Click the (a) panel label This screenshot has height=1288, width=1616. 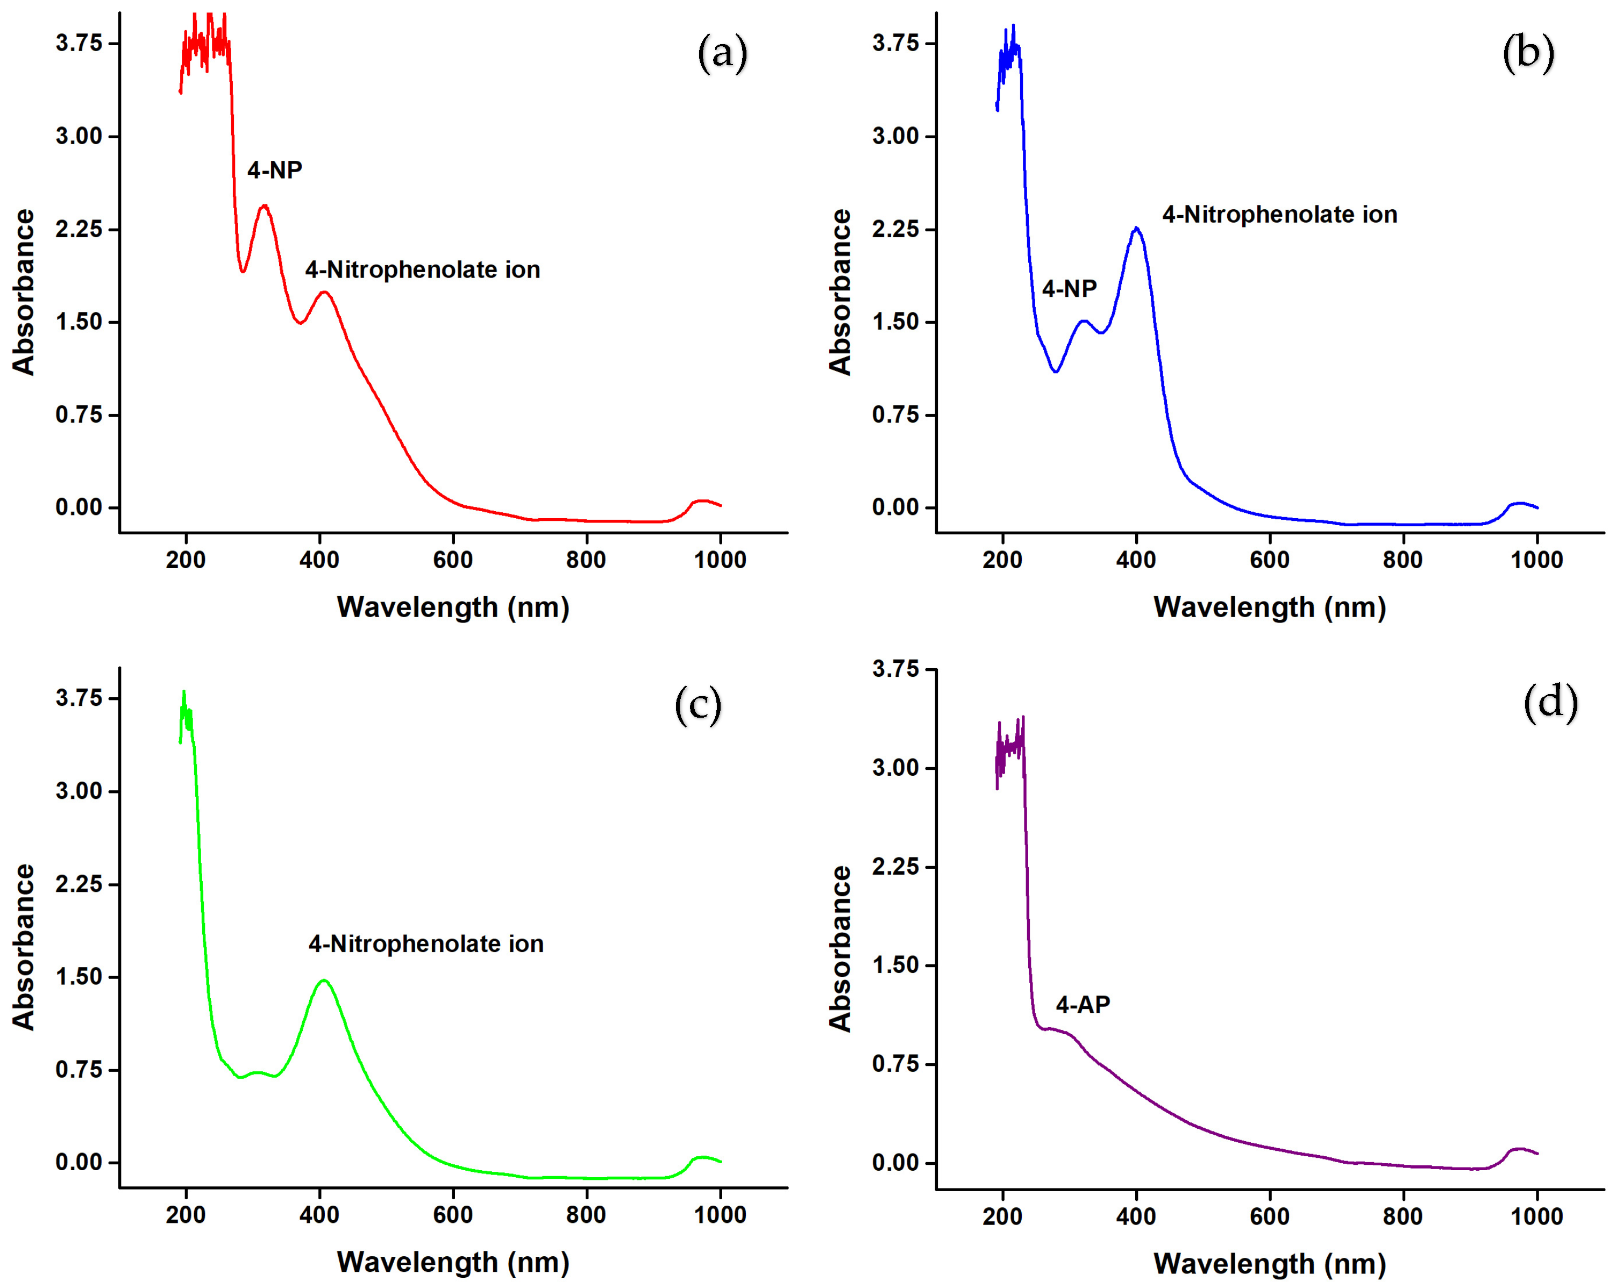click(x=722, y=53)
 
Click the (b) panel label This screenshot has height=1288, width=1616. click(x=1528, y=53)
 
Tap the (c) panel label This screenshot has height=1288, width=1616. click(x=698, y=705)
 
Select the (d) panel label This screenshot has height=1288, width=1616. click(x=1550, y=703)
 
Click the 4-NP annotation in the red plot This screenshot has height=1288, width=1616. click(x=274, y=170)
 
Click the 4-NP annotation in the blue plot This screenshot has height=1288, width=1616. click(x=1069, y=288)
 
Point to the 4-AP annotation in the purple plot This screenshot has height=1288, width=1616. click(x=1083, y=1004)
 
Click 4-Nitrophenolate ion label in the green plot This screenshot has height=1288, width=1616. click(x=426, y=943)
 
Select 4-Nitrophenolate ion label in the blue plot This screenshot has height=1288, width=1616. click(x=1279, y=215)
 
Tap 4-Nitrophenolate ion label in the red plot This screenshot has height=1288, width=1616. click(x=422, y=270)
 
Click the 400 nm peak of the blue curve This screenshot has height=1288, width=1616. click(x=1136, y=229)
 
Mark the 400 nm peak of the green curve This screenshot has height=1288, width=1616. click(x=324, y=981)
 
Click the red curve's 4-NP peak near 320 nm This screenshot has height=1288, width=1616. click(x=264, y=206)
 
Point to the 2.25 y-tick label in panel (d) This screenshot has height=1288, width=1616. click(x=895, y=867)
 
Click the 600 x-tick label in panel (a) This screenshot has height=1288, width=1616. click(x=453, y=560)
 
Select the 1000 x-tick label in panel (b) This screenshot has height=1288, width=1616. click(x=1536, y=560)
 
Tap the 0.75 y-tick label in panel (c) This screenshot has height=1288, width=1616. click(x=78, y=1069)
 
